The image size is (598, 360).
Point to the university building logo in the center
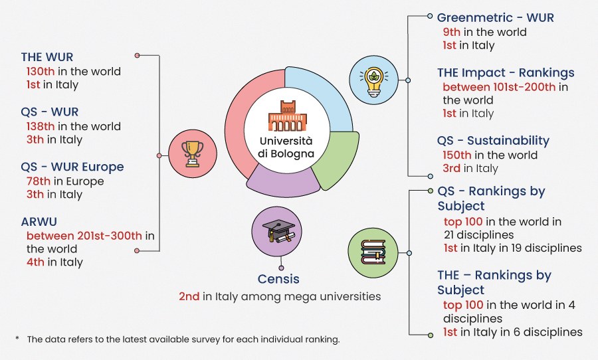287,116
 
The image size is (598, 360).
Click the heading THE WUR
47,57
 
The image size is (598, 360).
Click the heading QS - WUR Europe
72,167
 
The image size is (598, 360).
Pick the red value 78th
37,181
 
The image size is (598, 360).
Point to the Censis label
278,279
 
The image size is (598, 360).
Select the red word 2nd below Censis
189,296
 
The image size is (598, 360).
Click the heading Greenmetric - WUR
495,17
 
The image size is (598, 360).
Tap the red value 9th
452,32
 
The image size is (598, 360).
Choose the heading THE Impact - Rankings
506,72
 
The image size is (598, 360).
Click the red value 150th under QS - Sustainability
457,155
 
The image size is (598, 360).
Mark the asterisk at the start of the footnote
17,339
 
